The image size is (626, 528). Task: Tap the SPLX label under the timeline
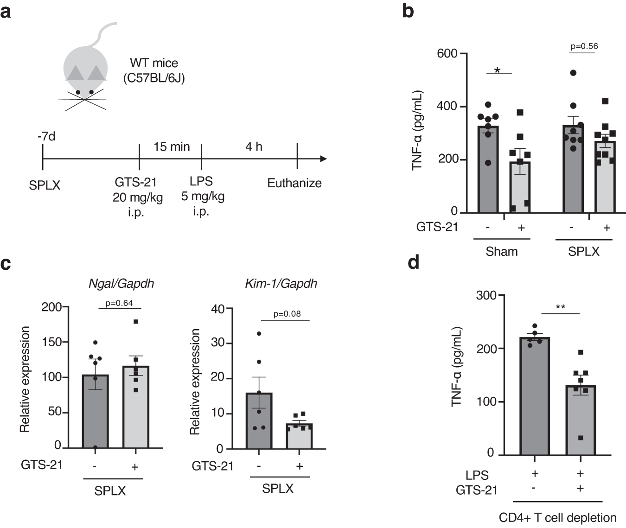point(45,185)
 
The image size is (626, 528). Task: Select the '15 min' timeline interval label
point(172,146)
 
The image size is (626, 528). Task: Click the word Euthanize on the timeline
point(294,183)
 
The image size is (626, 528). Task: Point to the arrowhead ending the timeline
point(323,159)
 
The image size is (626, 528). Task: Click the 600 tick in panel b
point(447,54)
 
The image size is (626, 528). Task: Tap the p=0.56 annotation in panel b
point(584,46)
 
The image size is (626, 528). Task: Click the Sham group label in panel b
point(501,252)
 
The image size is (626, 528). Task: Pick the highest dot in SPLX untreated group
point(573,73)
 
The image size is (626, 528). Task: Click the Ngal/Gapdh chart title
point(121,284)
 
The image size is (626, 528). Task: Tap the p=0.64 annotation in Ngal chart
point(119,303)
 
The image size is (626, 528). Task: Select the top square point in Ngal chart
point(136,322)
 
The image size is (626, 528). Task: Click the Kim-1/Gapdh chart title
point(281,284)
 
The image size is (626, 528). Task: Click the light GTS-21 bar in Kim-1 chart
point(300,436)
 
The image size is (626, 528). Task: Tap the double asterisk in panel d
point(560,307)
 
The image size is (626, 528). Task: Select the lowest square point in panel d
point(580,438)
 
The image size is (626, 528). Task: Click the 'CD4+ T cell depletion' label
point(557,517)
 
